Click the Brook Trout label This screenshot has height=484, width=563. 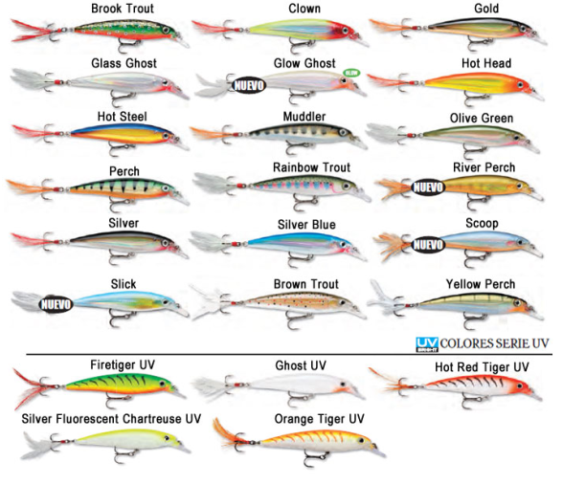[x=123, y=9]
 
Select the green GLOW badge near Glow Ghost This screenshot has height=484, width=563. [x=351, y=73]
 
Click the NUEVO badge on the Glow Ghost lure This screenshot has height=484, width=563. [x=249, y=85]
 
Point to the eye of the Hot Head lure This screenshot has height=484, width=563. [x=521, y=85]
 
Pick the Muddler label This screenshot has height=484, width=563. [x=304, y=117]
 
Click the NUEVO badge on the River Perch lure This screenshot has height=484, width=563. [x=428, y=187]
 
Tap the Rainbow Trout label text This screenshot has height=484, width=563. [x=312, y=167]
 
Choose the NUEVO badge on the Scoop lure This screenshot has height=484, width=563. [x=428, y=245]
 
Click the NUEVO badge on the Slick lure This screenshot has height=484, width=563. [x=56, y=304]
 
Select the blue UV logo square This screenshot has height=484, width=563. [x=427, y=344]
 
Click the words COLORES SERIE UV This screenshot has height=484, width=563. [x=494, y=343]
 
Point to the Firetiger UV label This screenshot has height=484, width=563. [x=123, y=364]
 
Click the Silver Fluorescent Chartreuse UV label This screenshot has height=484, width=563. [x=111, y=419]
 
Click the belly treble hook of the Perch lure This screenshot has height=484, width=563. [x=119, y=205]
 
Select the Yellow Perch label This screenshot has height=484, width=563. [x=481, y=284]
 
